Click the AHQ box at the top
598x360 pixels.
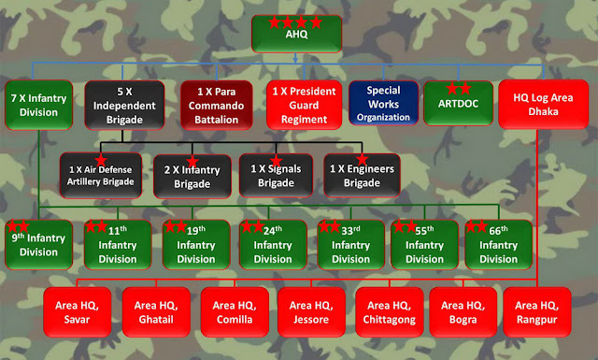coord(296,34)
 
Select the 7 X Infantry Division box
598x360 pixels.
coord(38,105)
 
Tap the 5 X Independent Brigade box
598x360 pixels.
coord(124,105)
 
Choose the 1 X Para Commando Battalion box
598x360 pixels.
coord(216,105)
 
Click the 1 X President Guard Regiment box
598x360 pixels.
coord(304,105)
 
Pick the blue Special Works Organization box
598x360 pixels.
coord(383,103)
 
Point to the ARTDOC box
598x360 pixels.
coord(458,103)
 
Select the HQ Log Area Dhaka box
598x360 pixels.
coord(543,104)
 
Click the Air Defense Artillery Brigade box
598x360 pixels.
coord(101,175)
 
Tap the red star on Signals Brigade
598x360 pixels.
coord(276,161)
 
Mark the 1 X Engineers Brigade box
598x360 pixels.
coord(362,175)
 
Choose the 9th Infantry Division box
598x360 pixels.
coord(38,244)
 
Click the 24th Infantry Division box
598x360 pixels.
coord(273,244)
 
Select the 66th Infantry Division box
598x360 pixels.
coord(498,244)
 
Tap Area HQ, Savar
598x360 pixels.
coord(77,312)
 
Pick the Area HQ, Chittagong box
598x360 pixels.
coord(390,312)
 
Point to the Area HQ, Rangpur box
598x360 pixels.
coord(537,312)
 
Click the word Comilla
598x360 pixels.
coord(235,319)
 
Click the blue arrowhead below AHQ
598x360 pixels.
coord(295,60)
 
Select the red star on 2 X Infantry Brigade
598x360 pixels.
coord(192,162)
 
